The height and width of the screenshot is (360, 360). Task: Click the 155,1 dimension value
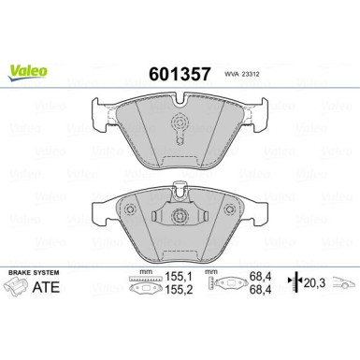[179, 278]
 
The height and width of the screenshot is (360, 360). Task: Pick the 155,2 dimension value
[179, 291]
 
